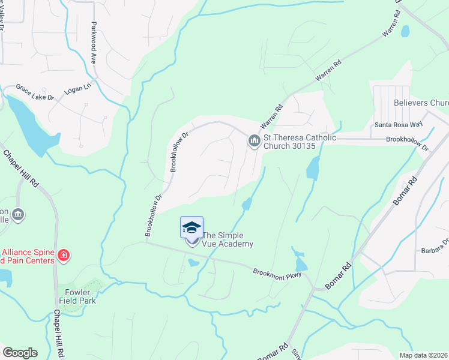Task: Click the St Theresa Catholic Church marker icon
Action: pyautogui.click(x=254, y=142)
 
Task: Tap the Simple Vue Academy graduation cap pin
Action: pyautogui.click(x=191, y=229)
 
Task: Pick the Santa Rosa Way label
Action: pyautogui.click(x=395, y=125)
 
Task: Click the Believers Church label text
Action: pyautogui.click(x=421, y=103)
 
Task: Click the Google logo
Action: pyautogui.click(x=20, y=353)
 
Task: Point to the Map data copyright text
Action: pyautogui.click(x=423, y=355)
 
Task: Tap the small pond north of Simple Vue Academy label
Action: pyautogui.click(x=247, y=205)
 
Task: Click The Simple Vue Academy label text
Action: pyautogui.click(x=228, y=240)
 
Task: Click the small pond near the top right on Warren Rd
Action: pyautogui.click(x=405, y=31)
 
